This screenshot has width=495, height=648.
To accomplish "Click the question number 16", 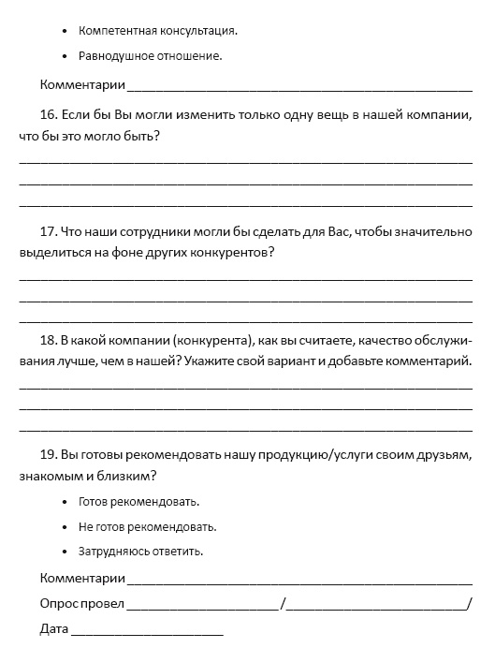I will [x=49, y=115].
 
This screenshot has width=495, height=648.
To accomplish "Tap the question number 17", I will [x=49, y=231].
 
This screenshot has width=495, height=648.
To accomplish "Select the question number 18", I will [x=49, y=339].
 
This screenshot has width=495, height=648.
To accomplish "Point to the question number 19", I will [x=49, y=455].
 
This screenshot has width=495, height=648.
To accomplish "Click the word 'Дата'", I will [x=54, y=627].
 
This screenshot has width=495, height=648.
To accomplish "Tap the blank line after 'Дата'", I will [x=147, y=629].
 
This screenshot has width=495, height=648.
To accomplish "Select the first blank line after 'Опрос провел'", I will [x=202, y=605].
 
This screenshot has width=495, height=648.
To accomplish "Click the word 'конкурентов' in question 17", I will [x=234, y=253].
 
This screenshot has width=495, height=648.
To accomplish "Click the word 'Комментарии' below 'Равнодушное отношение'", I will [x=82, y=85].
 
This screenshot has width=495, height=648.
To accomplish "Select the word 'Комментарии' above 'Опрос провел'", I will [x=82, y=578].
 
